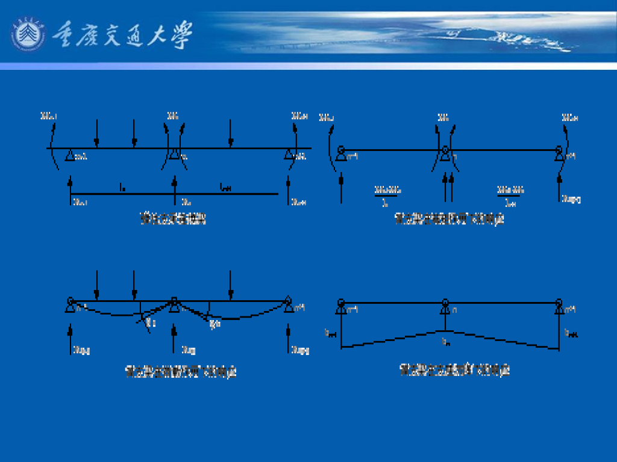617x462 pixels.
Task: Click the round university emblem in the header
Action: tap(28, 34)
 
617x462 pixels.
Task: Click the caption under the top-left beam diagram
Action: tap(173, 219)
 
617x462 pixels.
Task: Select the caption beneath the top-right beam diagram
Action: tap(449, 219)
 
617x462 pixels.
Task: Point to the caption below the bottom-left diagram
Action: tap(181, 372)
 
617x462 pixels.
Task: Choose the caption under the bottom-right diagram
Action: tap(455, 370)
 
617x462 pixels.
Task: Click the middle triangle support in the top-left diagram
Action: tap(174, 156)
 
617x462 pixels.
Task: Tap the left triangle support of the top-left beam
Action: tap(70, 156)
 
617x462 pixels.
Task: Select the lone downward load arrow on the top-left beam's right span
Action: tap(230, 134)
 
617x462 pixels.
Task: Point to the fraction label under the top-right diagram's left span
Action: tap(387, 196)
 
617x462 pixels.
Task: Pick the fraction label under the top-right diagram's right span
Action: tap(509, 196)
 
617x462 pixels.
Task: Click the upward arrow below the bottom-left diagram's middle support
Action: tap(174, 338)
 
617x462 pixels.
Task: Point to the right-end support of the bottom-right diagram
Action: tap(559, 307)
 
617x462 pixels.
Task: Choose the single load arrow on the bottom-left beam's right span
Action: tap(230, 285)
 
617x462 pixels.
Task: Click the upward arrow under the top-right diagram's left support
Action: tap(342, 186)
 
